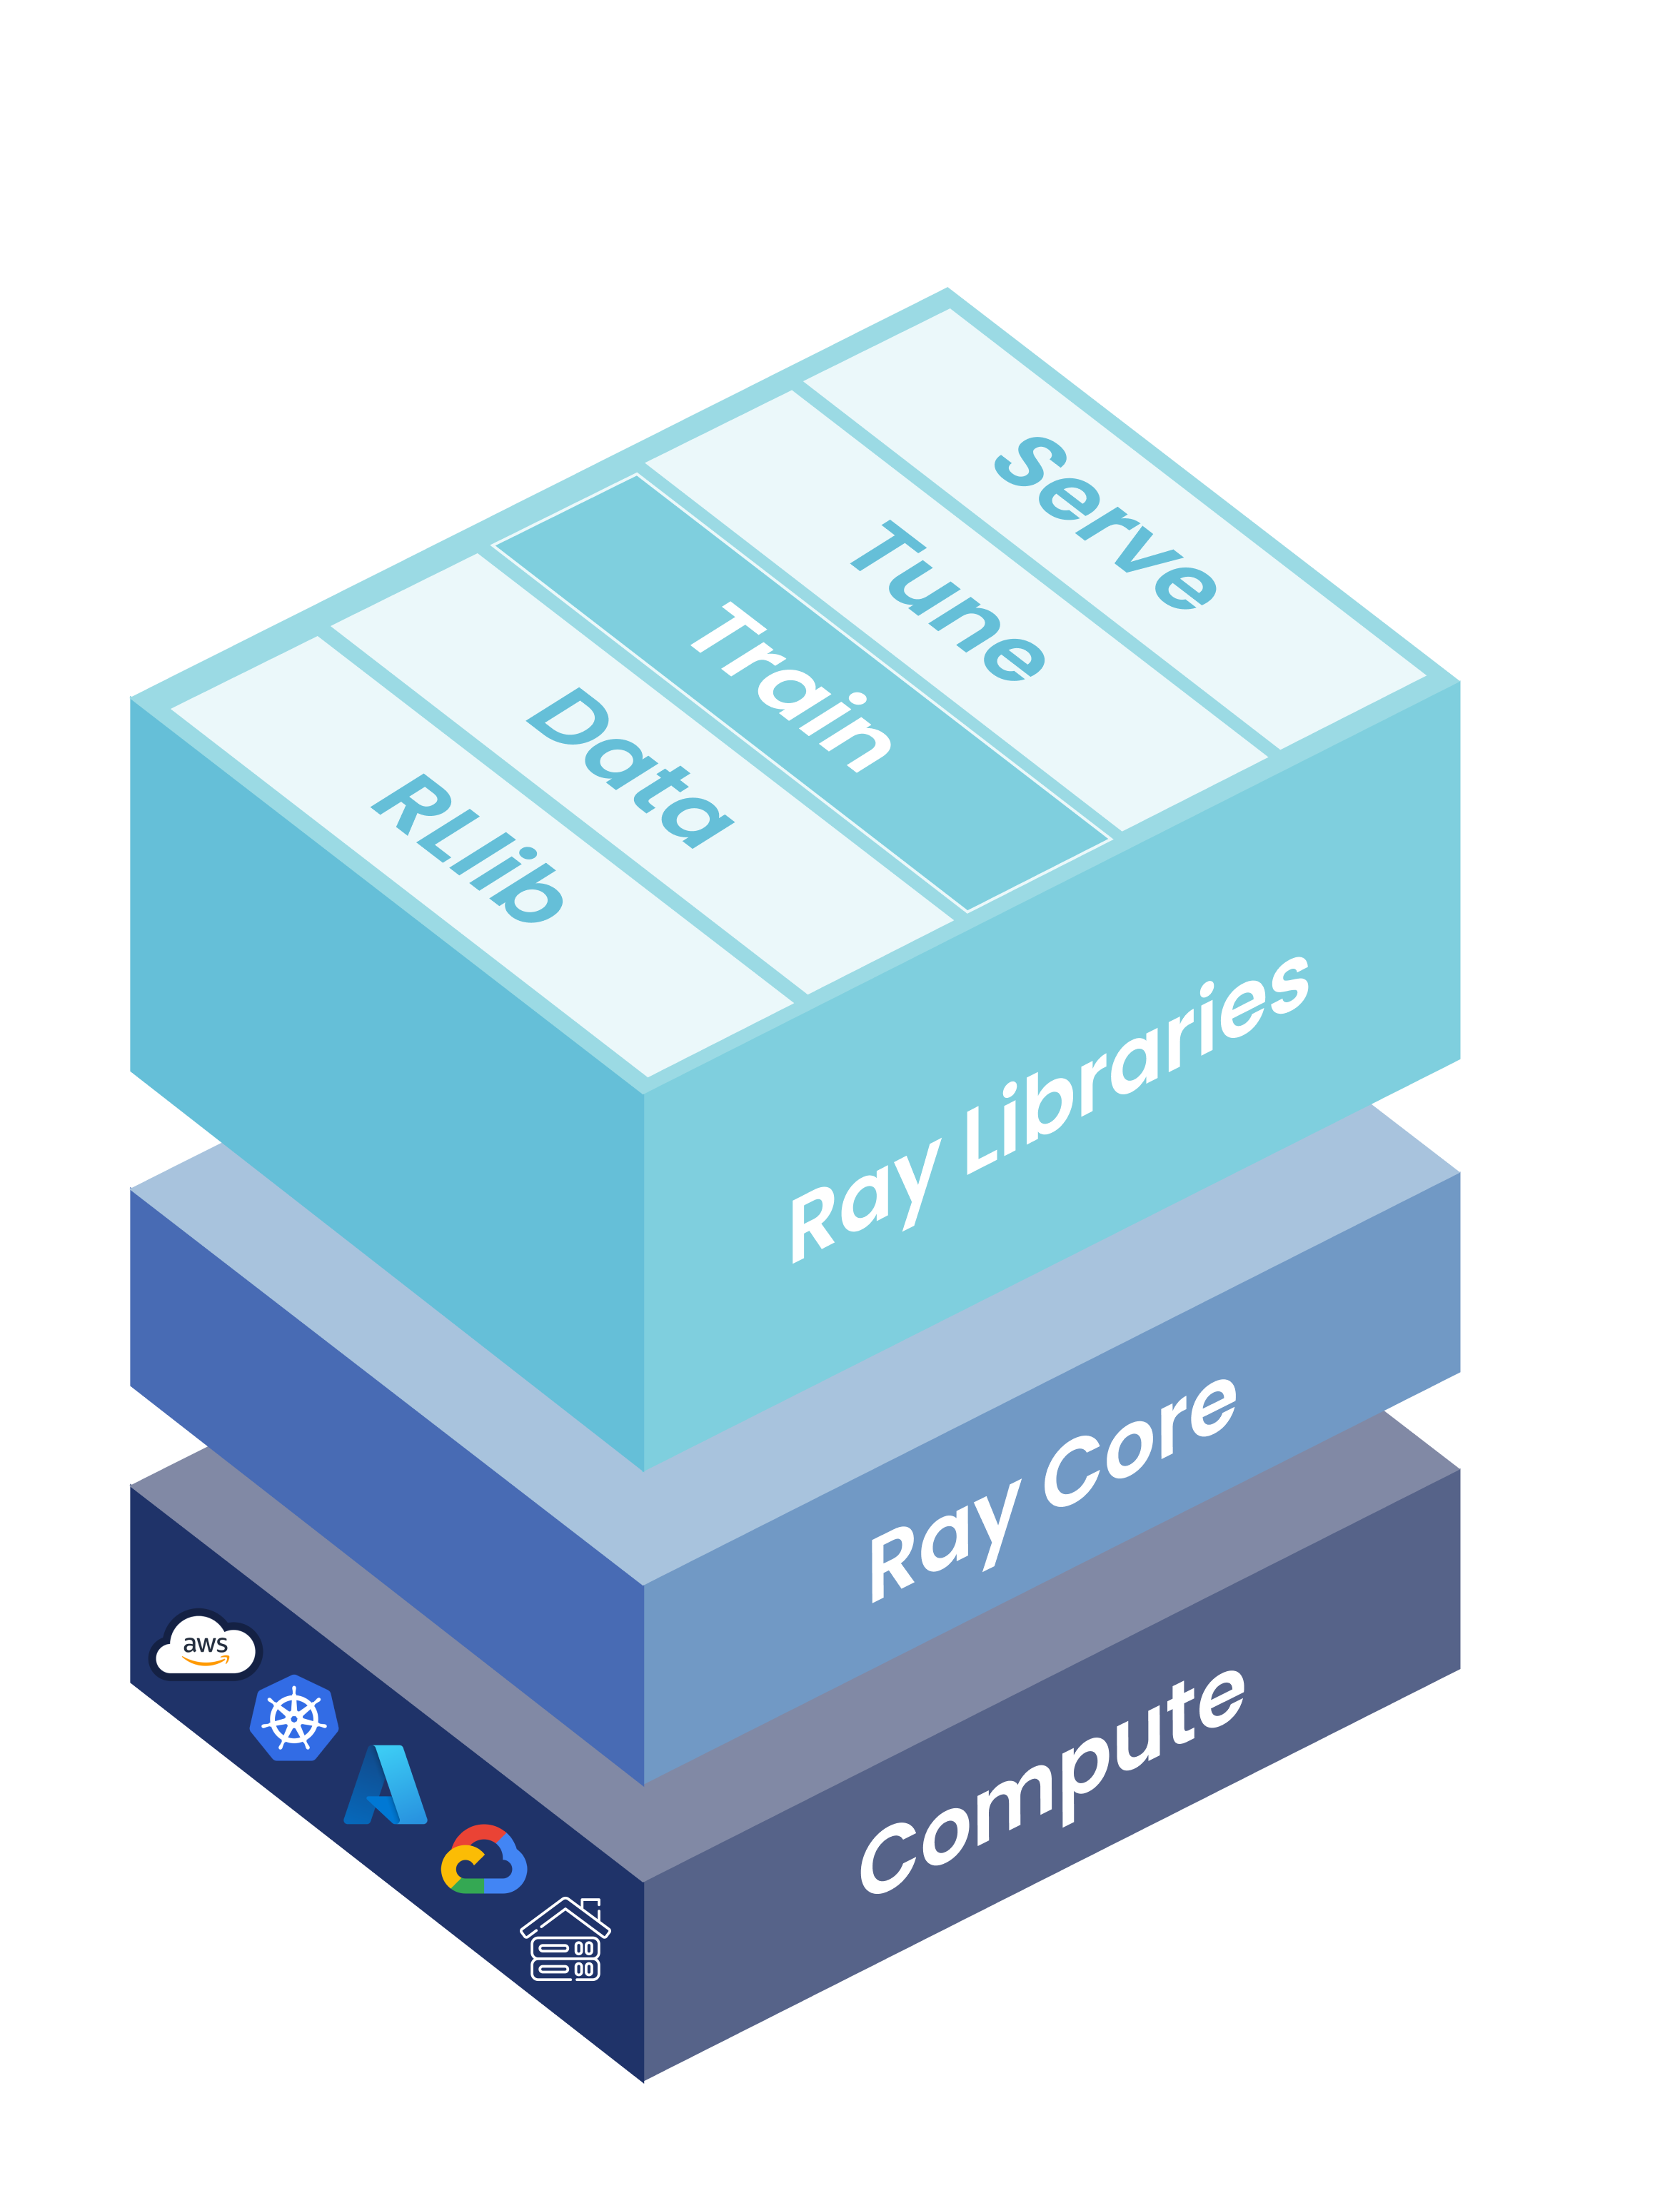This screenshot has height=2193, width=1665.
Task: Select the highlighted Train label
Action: pyautogui.click(x=791, y=686)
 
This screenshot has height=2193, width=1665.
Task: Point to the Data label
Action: pyautogui.click(x=630, y=767)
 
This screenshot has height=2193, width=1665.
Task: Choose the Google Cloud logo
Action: pyautogui.click(x=484, y=1860)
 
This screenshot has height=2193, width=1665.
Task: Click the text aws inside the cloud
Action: pyautogui.click(x=206, y=1643)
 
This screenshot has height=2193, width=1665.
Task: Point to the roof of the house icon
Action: pyautogui.click(x=565, y=1913)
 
